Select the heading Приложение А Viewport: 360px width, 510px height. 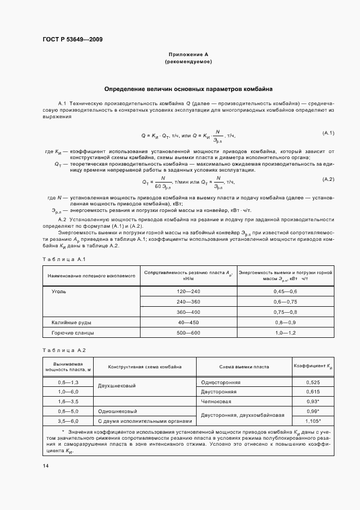click(x=188, y=55)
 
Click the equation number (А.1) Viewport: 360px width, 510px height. click(x=328, y=133)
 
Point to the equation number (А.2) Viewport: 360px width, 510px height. click(x=328, y=179)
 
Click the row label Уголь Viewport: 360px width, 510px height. click(x=59, y=292)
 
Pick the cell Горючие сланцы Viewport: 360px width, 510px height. click(x=72, y=332)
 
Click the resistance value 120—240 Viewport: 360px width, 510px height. click(x=188, y=292)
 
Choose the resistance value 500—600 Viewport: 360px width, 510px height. click(x=188, y=332)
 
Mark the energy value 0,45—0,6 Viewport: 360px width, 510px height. click(x=285, y=292)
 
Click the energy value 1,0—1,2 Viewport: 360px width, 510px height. click(x=285, y=332)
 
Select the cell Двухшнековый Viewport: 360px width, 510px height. click(x=115, y=385)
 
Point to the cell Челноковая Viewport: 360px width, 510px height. click(x=216, y=401)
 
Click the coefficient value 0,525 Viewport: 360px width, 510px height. click(x=313, y=382)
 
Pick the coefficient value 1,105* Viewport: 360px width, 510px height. click(x=313, y=421)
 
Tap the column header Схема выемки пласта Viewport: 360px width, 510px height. click(x=244, y=367)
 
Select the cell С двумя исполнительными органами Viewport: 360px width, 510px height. click(x=145, y=421)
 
